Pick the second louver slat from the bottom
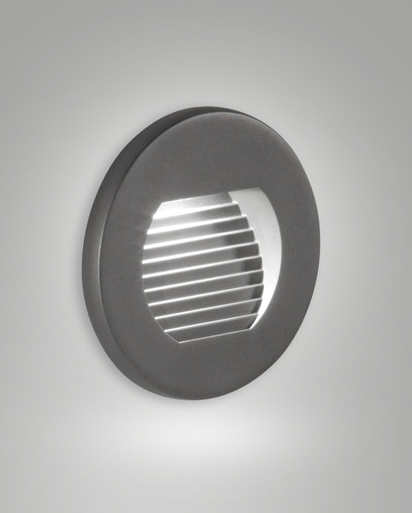(x=209, y=317)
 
